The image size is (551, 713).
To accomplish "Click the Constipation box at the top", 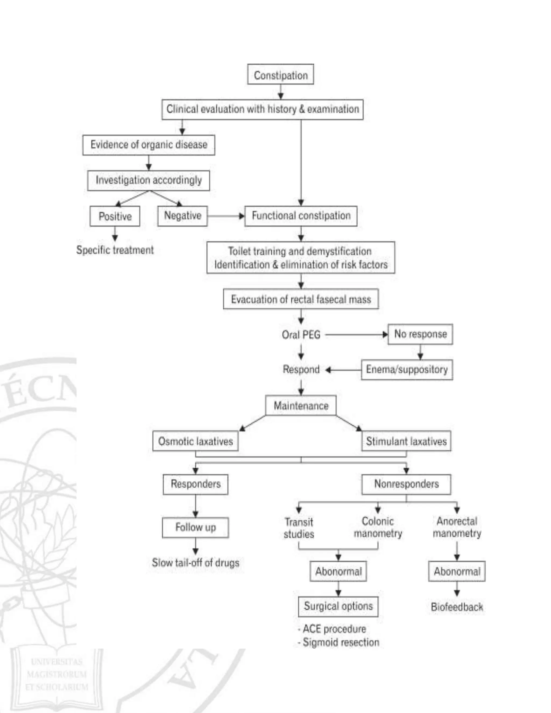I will pos(280,75).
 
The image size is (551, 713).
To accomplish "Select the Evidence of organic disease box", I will pos(149,145).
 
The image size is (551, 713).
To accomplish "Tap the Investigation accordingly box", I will pos(149,180).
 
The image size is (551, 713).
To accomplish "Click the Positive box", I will pos(115,216).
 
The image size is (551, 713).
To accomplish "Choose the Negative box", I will pos(182,216).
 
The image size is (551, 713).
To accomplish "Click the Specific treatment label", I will pos(115,250).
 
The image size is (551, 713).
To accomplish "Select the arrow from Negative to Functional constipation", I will pos(226,216).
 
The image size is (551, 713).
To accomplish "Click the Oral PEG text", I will pos(301,335).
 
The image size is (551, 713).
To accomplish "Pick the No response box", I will pos(420,334).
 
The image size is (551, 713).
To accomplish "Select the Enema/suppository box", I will pos(407,370).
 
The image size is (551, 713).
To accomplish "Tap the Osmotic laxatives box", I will pos(195,441).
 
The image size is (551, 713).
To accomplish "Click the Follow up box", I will pos(195,527).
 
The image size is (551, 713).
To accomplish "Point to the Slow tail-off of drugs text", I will pos(195,563).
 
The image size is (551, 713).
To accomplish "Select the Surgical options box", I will pos(338,606).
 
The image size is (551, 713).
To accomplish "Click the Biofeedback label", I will pos(457,607).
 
